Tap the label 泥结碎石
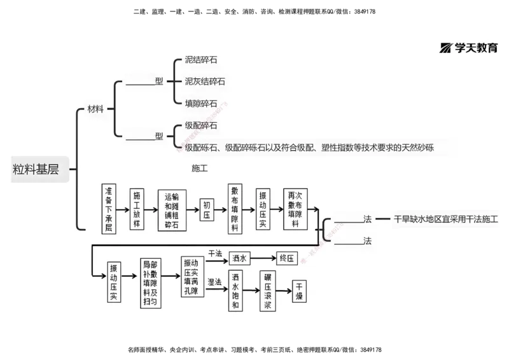pyautogui.click(x=200, y=60)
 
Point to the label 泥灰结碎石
pyautogui.click(x=204, y=81)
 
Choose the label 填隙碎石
pyautogui.click(x=200, y=103)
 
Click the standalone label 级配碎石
pyautogui.click(x=200, y=125)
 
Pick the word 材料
pyautogui.click(x=95, y=109)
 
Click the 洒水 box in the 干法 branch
pyautogui.click(x=239, y=258)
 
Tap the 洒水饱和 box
pyautogui.click(x=235, y=291)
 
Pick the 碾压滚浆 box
pyautogui.click(x=268, y=291)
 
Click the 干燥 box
pyautogui.click(x=300, y=291)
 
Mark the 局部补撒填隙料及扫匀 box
pyautogui.click(x=149, y=284)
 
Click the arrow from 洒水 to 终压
pyautogui.click(x=263, y=258)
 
